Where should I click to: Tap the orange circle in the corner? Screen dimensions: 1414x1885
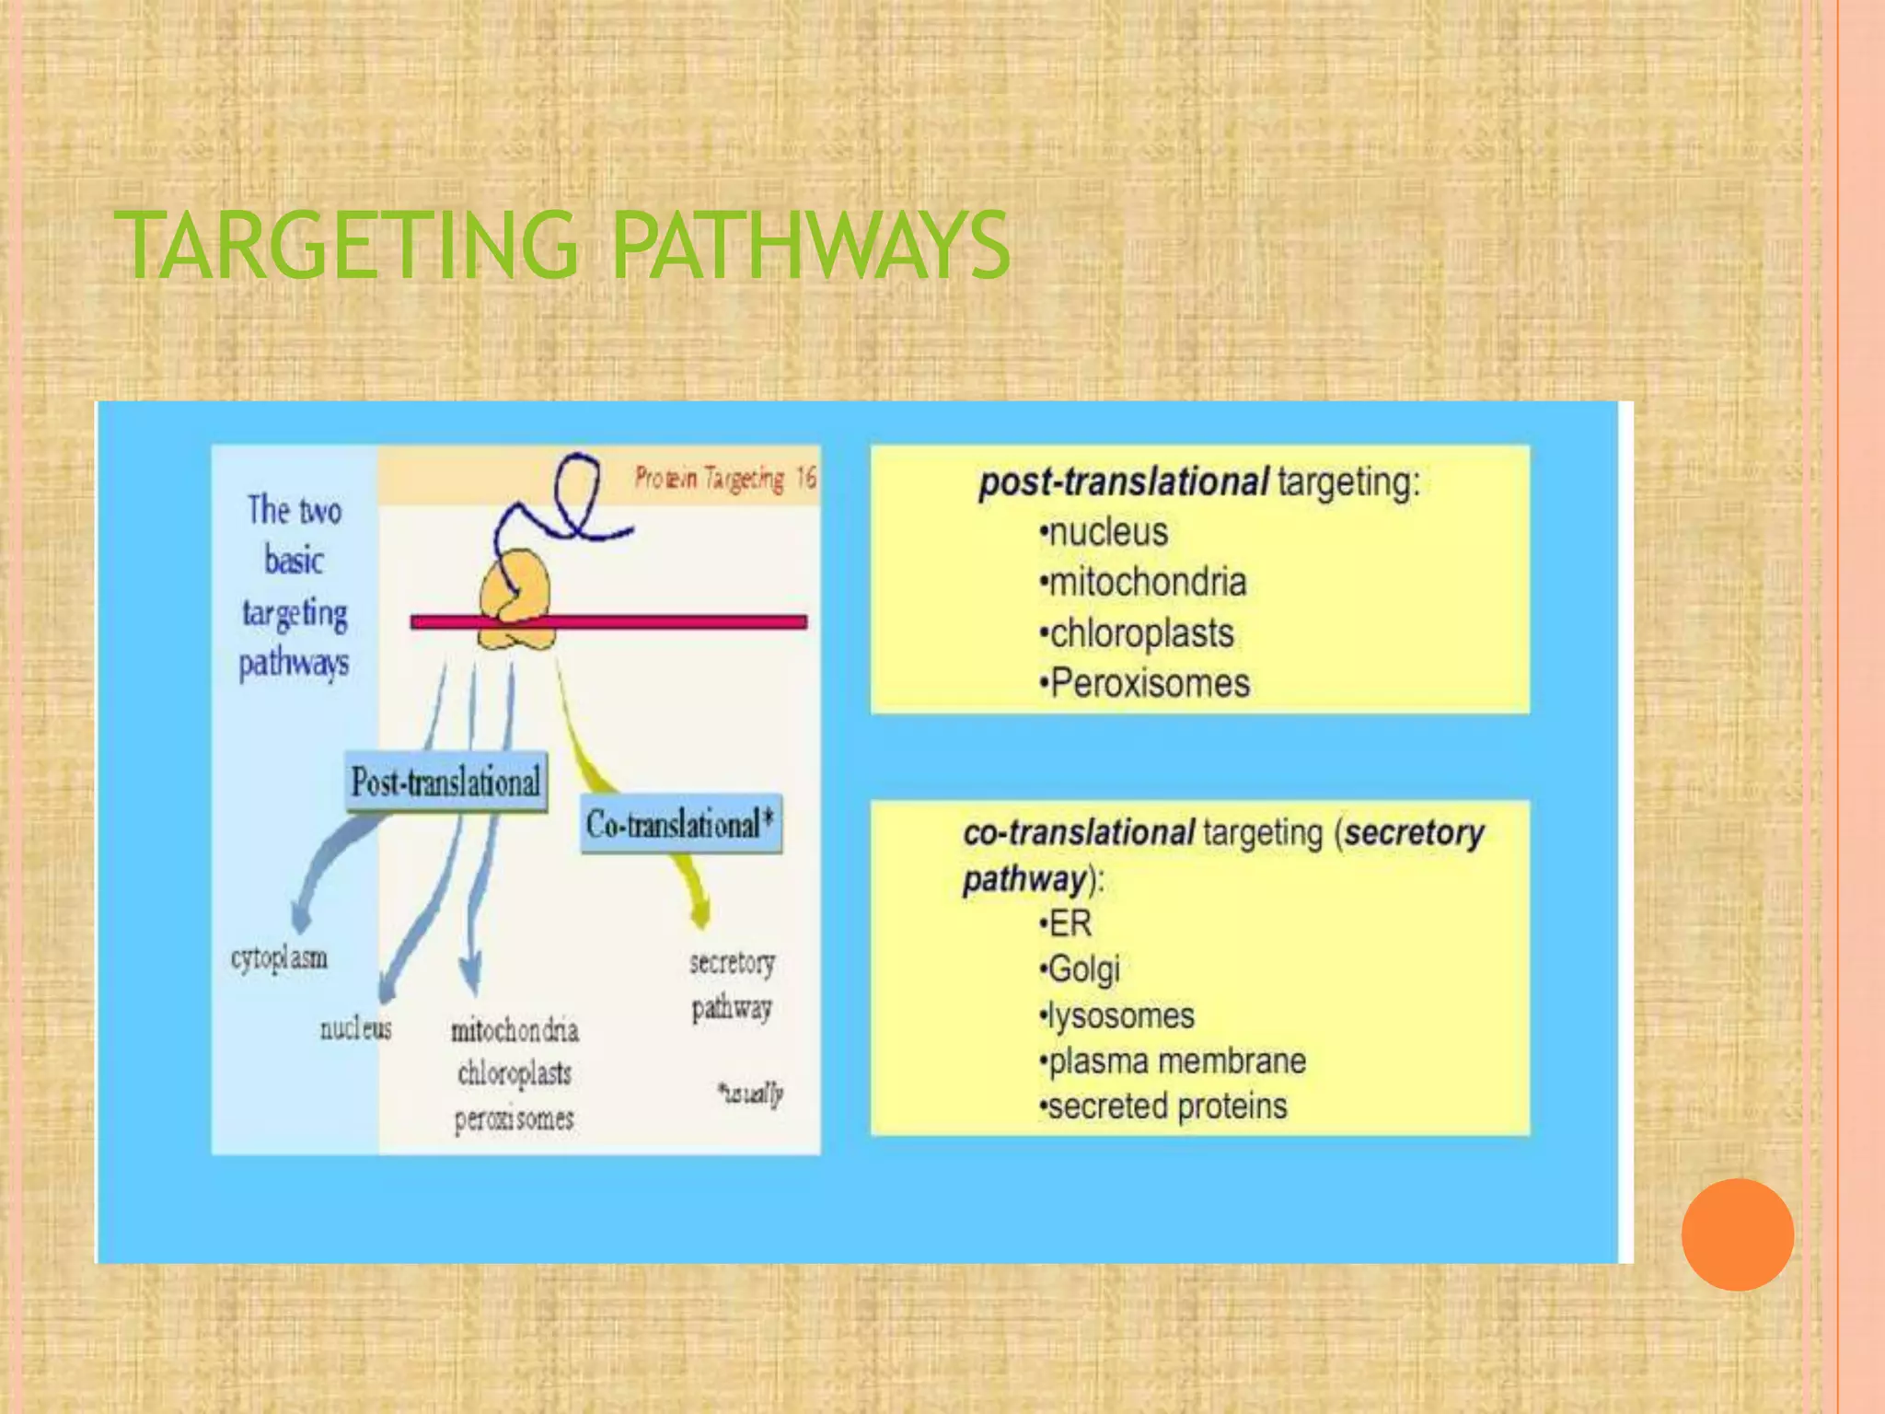click(1737, 1234)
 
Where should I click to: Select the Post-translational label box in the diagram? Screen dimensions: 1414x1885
click(445, 782)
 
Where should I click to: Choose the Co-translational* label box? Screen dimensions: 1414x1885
click(680, 824)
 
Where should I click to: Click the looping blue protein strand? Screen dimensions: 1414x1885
click(571, 502)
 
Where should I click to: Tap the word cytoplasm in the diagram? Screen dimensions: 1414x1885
click(279, 958)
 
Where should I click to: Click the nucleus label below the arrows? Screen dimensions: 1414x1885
click(355, 1028)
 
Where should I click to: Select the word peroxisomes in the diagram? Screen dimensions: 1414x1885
click(514, 1119)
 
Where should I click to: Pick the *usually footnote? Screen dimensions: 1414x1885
click(750, 1094)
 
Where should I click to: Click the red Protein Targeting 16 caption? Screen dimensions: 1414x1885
click(725, 479)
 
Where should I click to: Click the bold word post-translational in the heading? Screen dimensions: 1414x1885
click(1123, 482)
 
